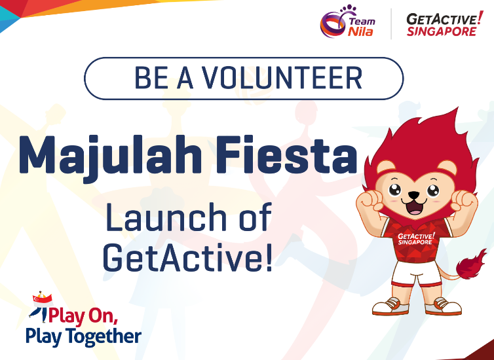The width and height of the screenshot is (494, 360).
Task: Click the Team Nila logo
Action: [x=347, y=23]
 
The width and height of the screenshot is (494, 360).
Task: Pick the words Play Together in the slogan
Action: [x=83, y=336]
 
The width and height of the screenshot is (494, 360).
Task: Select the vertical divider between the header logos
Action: [x=391, y=24]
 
